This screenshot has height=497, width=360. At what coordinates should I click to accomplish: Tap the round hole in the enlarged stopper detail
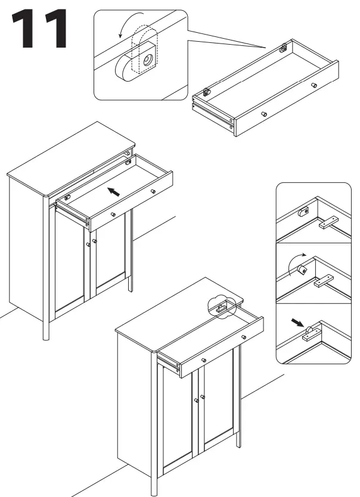click(145, 60)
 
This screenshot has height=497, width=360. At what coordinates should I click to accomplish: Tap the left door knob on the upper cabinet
click(88, 244)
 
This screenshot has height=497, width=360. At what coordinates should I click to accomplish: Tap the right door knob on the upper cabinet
click(94, 241)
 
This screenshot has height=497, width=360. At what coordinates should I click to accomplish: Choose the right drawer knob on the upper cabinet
click(153, 191)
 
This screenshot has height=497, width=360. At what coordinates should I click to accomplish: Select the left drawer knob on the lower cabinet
click(204, 361)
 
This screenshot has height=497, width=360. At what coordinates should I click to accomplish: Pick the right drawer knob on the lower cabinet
click(244, 338)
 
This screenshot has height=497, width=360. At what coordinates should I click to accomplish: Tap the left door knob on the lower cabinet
click(195, 400)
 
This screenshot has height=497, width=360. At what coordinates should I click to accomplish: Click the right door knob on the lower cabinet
click(203, 396)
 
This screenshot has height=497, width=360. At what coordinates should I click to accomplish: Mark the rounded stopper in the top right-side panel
click(304, 211)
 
